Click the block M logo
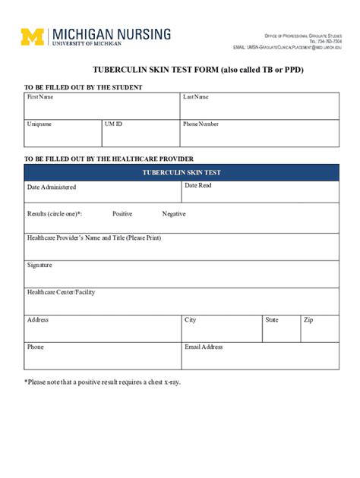[x=33, y=37]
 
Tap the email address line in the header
[x=287, y=46]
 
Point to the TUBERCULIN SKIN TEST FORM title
[x=181, y=68]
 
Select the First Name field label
[x=40, y=97]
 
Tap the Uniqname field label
[x=39, y=124]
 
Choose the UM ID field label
[x=113, y=124]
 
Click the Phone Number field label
[x=201, y=124]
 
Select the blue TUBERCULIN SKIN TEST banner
[x=182, y=173]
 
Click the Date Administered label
[x=52, y=187]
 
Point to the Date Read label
[x=198, y=186]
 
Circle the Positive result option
[x=122, y=214]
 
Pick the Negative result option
[x=174, y=214]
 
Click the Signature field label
[x=39, y=266]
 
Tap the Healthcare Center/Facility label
[x=61, y=292]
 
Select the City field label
[x=190, y=320]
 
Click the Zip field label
[x=308, y=320]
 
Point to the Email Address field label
[x=204, y=347]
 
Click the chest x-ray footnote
[x=103, y=382]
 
